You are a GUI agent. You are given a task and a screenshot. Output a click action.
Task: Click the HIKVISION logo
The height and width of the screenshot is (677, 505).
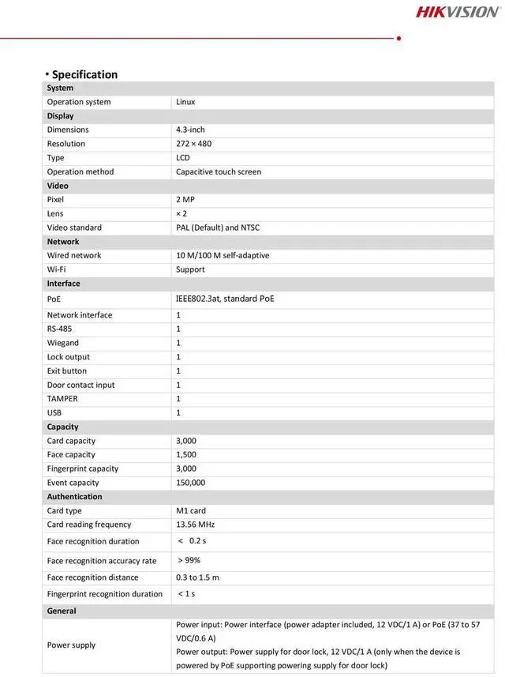pos(458,11)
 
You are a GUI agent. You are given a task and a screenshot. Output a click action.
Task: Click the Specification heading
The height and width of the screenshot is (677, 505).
pos(84,74)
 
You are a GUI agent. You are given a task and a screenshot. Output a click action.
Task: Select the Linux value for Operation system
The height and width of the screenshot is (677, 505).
pos(185,102)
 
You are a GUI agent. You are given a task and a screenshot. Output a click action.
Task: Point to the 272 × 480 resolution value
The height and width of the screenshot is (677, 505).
pos(193,144)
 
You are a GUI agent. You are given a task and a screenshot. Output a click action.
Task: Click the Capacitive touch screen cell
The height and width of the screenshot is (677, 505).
pos(218,171)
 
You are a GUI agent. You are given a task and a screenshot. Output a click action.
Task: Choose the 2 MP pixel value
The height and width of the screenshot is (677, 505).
pos(185,200)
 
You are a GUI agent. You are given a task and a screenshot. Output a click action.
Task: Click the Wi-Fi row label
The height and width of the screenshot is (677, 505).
pos(56,269)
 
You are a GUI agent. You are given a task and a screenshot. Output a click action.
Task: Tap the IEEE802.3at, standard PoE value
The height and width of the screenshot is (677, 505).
pos(225,299)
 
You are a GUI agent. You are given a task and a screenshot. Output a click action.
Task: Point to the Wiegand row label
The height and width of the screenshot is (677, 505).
pos(63,343)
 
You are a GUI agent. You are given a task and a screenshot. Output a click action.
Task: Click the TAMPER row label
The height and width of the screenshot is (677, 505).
pos(62,399)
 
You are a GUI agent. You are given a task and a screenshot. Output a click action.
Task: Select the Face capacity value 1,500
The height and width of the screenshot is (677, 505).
pos(186,454)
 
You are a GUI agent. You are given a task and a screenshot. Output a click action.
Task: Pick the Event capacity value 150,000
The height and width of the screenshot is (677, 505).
pos(190,483)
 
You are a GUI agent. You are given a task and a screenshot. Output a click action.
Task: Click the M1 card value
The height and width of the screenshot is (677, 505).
pos(191,510)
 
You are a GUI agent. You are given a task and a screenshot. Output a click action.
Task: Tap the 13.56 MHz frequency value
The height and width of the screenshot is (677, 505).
pos(195,525)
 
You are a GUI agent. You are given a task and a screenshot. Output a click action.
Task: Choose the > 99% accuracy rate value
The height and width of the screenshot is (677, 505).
pos(189,560)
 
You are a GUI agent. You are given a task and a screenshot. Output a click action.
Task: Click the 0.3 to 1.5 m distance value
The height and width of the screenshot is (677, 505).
pos(197,577)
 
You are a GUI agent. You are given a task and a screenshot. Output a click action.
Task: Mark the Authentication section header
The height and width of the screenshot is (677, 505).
pos(74,497)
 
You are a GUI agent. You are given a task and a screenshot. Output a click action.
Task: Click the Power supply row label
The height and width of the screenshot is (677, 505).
pos(71,645)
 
